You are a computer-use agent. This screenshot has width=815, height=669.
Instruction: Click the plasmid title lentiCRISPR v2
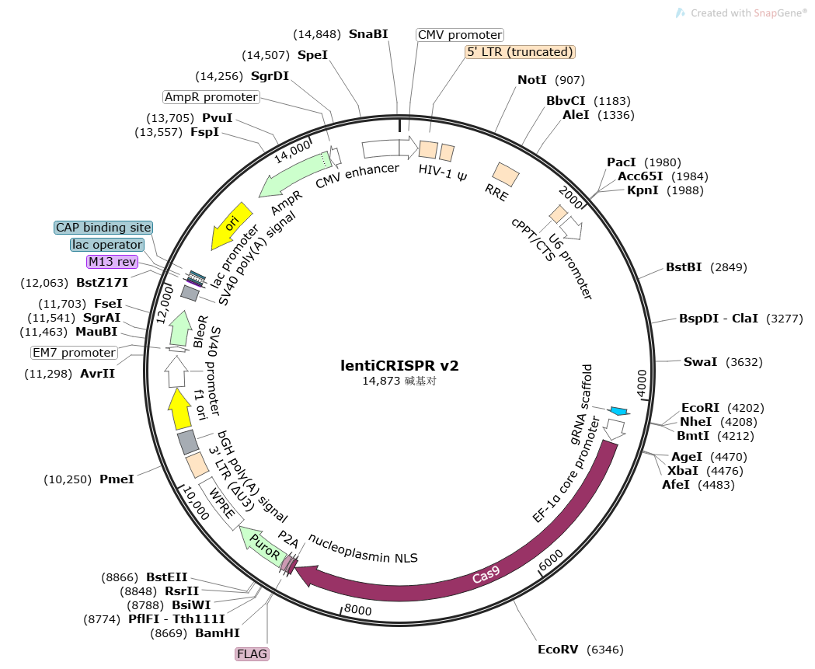click(x=405, y=364)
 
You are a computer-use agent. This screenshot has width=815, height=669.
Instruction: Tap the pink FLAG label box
click(x=252, y=654)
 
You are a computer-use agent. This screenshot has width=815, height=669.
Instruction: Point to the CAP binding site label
click(x=103, y=228)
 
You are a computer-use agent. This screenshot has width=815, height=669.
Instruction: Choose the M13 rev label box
click(x=113, y=262)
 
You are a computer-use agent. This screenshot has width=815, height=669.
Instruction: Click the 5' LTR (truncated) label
click(x=520, y=52)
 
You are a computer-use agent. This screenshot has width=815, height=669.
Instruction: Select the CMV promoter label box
click(x=460, y=35)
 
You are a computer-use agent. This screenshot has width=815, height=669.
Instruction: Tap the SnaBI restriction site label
click(x=368, y=34)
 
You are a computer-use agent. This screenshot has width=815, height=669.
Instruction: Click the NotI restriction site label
click(x=532, y=80)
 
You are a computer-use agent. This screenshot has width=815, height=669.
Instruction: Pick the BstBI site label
click(x=684, y=267)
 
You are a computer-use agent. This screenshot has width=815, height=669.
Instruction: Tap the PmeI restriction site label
click(x=117, y=479)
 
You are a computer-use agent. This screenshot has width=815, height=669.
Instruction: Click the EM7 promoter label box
click(x=74, y=353)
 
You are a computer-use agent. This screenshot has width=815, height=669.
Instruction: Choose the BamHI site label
click(x=217, y=633)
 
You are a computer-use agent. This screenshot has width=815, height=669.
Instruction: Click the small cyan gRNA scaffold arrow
click(x=619, y=410)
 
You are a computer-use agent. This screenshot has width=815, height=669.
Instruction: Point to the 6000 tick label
click(x=550, y=561)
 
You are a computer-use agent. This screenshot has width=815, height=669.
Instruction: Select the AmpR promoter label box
click(x=211, y=97)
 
